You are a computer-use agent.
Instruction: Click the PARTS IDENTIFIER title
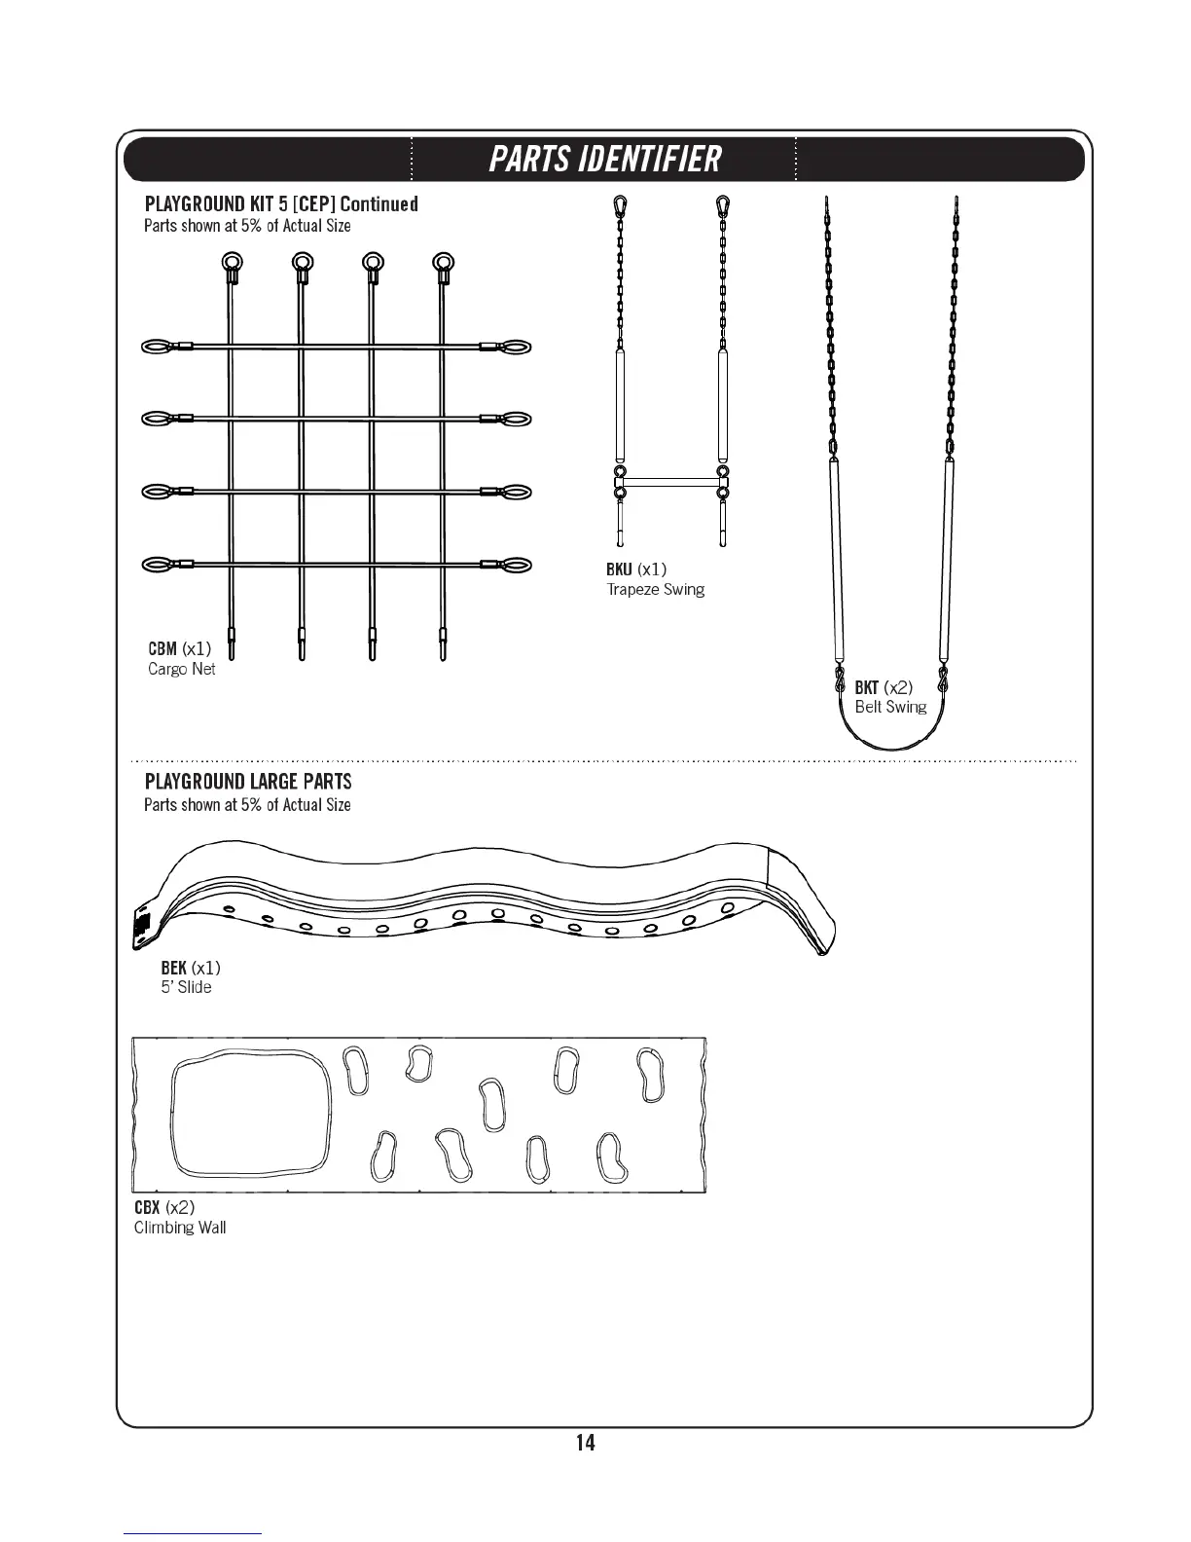604,159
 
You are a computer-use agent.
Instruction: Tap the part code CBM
162,648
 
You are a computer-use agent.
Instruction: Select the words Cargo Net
182,670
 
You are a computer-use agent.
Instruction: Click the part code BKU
619,569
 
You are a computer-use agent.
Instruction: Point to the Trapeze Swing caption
656,590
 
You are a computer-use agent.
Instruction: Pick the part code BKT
866,687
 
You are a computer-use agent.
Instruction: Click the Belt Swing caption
890,708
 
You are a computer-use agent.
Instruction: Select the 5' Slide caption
186,987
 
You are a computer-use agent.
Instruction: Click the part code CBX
147,1207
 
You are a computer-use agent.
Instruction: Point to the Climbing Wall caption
180,1228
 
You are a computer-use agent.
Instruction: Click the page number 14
585,1443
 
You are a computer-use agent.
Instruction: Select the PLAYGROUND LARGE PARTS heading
248,782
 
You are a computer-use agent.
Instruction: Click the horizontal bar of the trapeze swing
670,481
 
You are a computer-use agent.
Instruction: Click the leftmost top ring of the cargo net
232,262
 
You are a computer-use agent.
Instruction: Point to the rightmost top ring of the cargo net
443,262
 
